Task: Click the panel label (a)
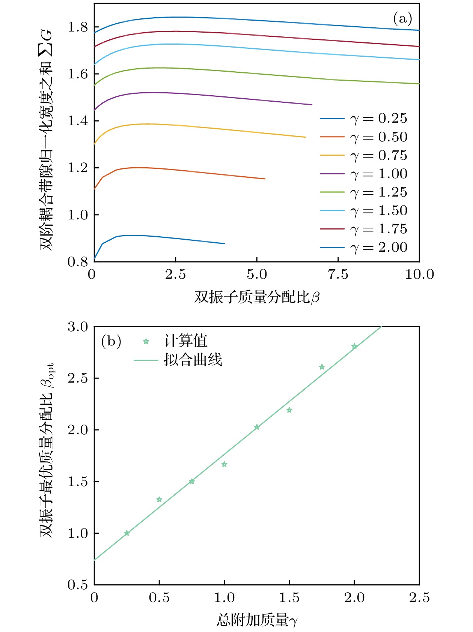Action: coord(402,18)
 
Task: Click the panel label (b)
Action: coord(111,341)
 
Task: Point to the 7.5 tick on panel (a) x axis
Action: coord(338,275)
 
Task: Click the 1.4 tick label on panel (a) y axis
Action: coord(78,121)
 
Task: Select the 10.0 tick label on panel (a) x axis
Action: coord(419,275)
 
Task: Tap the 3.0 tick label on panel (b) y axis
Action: coord(78,327)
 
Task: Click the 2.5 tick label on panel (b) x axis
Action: coord(419,598)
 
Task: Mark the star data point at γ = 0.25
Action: coord(127,533)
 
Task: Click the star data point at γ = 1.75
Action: coord(322,367)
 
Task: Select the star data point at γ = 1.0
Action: coord(224,464)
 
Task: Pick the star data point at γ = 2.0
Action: coord(354,346)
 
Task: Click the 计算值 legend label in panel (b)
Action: coord(186,341)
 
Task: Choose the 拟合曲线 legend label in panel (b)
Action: coord(193,360)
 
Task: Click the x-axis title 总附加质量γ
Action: coord(257,620)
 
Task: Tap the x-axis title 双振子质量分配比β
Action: coord(257,297)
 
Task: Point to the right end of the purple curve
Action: coord(312,105)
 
